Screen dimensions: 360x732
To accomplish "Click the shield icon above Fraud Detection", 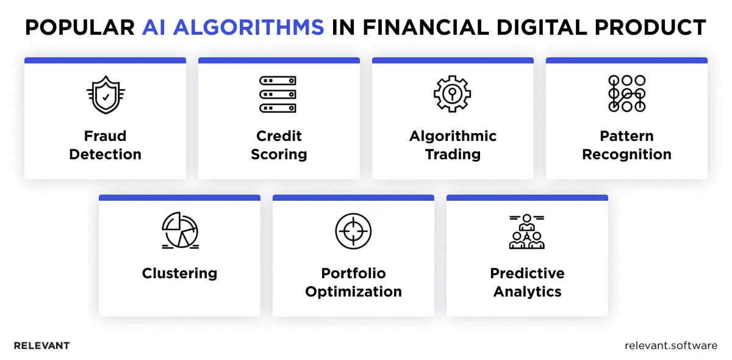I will click(x=105, y=94).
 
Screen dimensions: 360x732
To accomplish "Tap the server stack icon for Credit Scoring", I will click(x=278, y=94).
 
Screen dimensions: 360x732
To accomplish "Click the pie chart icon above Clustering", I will click(x=179, y=231).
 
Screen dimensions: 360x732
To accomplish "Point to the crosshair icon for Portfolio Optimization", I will click(x=353, y=231).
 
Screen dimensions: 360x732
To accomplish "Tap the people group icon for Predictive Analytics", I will click(x=527, y=231).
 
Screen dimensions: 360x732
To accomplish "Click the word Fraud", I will click(x=105, y=136).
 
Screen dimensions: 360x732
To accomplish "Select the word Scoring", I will click(x=279, y=154).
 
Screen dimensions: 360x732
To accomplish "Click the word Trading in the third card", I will click(x=453, y=154).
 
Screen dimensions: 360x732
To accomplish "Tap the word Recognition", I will click(x=626, y=154).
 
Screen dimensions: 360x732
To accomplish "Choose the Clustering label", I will click(x=179, y=273).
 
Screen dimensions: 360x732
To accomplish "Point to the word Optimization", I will click(x=353, y=292).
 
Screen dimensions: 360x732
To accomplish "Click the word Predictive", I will click(x=527, y=273).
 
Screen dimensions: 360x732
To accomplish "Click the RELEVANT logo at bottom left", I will click(x=41, y=345).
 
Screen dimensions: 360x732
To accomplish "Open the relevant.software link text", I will click(x=671, y=345).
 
